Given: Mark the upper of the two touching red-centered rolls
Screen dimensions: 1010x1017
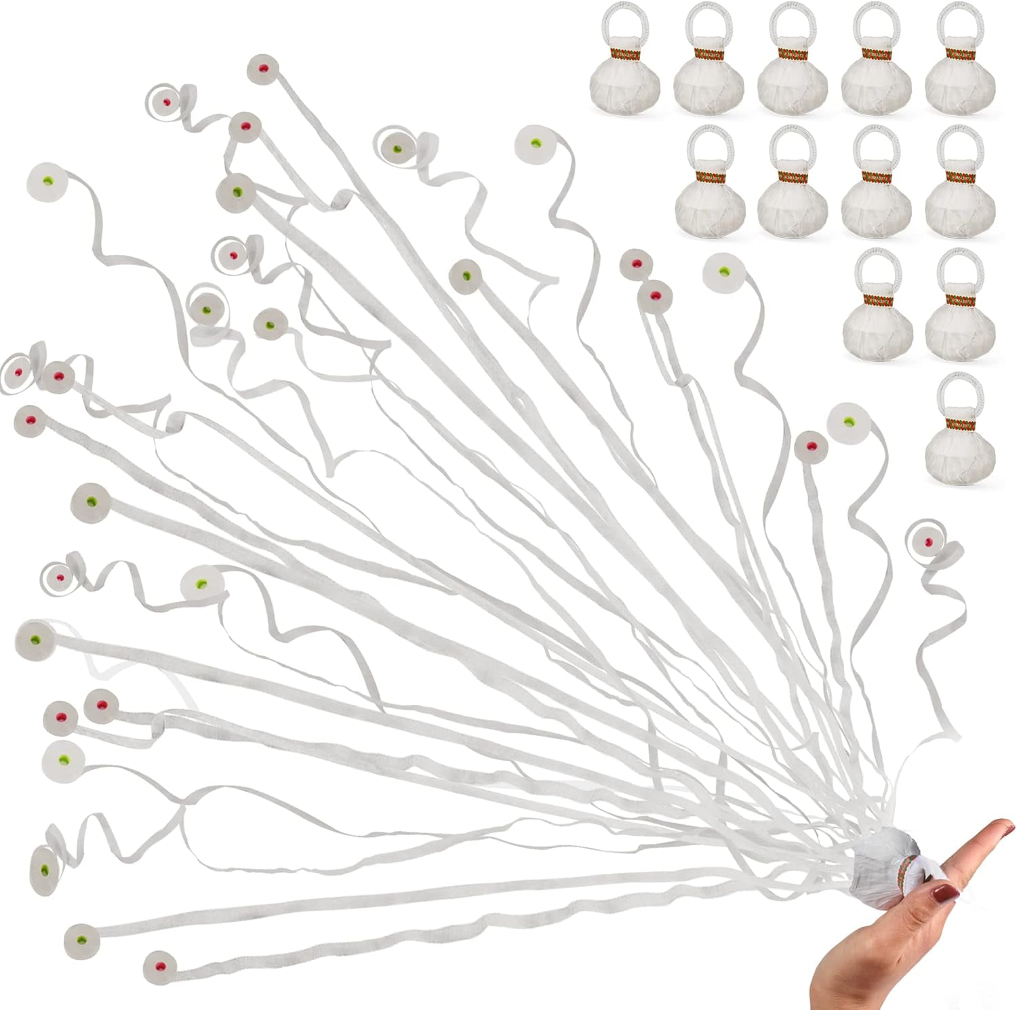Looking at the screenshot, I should click(637, 264).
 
